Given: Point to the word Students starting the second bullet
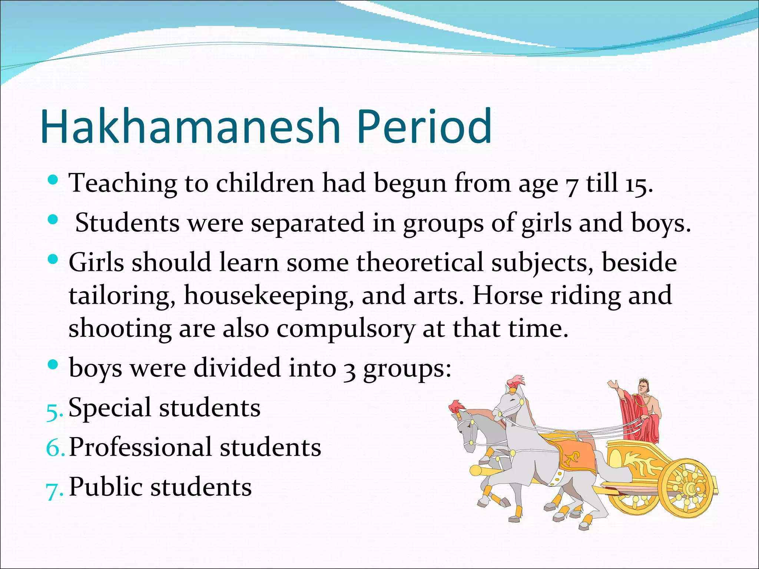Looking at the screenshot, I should tap(127, 223).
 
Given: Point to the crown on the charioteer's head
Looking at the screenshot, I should tap(642, 381).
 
